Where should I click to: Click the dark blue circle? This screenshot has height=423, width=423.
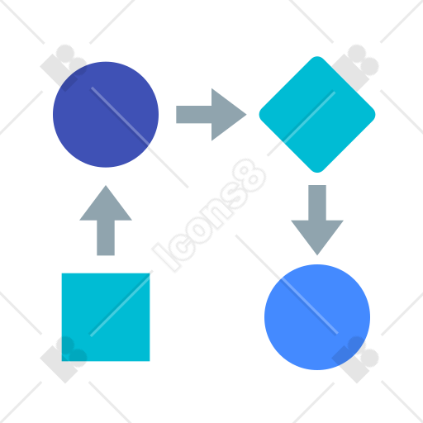pos(106,115)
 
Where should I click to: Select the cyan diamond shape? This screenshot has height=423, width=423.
pos(317,115)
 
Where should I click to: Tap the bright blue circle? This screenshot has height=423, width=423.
pos(317,317)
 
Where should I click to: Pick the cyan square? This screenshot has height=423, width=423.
pos(106,317)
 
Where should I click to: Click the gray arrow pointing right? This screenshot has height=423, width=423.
pos(211,115)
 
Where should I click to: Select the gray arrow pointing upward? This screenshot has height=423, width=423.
pos(106,221)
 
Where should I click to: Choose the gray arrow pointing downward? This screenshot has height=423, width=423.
pos(317,221)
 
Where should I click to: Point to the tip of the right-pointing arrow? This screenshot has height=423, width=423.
pos(246,115)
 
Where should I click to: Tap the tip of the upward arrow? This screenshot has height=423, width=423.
pos(106,186)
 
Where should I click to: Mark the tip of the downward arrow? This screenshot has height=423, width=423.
pos(317,255)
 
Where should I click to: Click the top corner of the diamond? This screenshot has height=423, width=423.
pos(317,57)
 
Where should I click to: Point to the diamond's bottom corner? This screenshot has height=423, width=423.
pos(317,172)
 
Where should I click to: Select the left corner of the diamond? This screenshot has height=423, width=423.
pos(259,115)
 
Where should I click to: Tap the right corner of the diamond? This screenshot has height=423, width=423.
pos(375,115)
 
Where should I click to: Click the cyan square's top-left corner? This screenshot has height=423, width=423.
pos(62,273)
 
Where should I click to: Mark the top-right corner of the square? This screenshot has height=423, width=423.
pos(150,273)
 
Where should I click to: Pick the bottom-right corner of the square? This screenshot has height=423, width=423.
pos(150,361)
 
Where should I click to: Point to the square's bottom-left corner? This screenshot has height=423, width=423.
pos(62,361)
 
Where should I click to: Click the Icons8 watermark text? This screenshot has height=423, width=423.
pos(209,216)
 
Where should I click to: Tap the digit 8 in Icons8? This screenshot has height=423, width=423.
pos(250,175)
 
